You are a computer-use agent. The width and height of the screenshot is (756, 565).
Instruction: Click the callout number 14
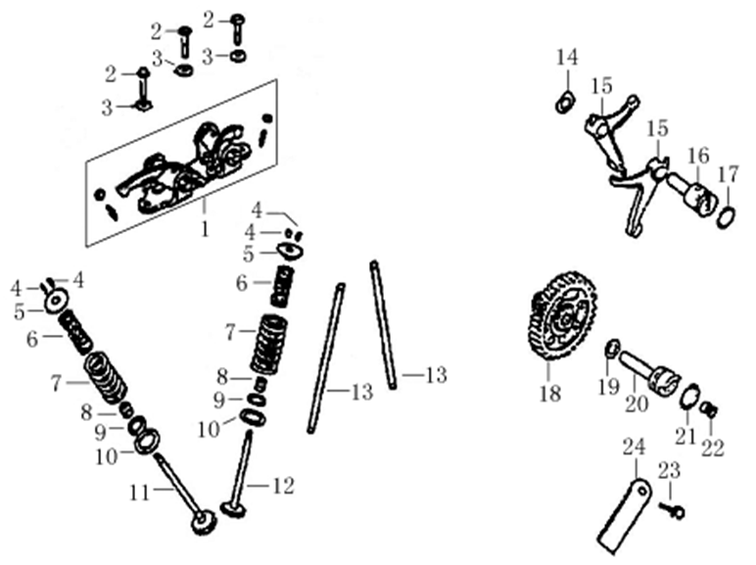pyautogui.click(x=567, y=58)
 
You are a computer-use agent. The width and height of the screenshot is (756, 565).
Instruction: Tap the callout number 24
pyautogui.click(x=635, y=447)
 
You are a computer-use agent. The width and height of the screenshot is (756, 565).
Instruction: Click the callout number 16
pyautogui.click(x=697, y=156)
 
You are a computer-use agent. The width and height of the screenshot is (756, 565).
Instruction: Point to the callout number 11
pyautogui.click(x=141, y=493)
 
